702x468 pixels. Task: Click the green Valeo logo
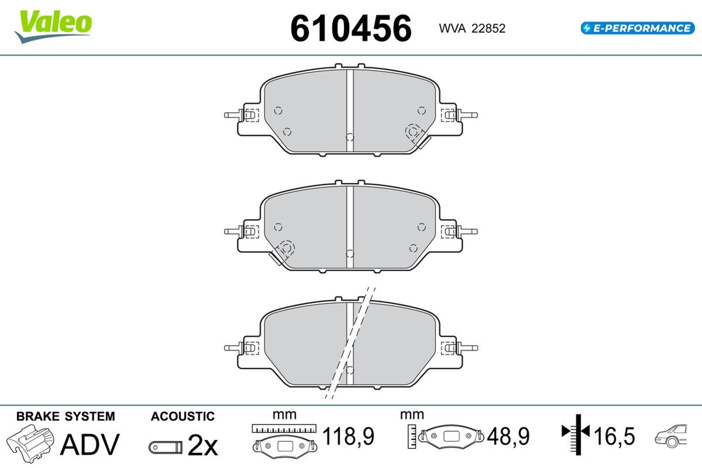pos(54,25)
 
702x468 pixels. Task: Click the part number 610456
pos(351,29)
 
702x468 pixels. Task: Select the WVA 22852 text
pos(472,29)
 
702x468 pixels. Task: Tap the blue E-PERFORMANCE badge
pos(637,29)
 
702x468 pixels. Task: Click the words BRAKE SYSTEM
pos(65,416)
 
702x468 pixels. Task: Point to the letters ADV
pos(90,444)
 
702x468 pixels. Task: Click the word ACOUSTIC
pos(183,416)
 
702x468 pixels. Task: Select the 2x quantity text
pos(202,446)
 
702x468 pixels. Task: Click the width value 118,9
pos(348,436)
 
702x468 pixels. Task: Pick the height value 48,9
pos(508,436)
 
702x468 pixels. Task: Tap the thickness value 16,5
pos(614,436)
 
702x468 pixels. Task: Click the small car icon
pos(670,436)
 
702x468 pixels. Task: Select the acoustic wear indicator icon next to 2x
pos(165,447)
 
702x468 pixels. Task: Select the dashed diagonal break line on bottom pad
pos(349,344)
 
